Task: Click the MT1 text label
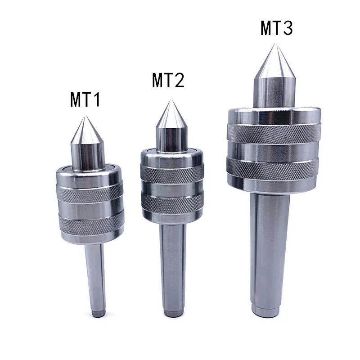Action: tap(85, 99)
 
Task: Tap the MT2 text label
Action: tap(168, 81)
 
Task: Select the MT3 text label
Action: tap(276, 29)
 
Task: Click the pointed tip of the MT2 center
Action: tap(171, 100)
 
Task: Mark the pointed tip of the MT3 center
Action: tap(275, 44)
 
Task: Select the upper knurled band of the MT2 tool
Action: tap(171, 172)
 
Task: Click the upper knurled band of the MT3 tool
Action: tap(274, 132)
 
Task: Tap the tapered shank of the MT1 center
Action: tap(96, 274)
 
